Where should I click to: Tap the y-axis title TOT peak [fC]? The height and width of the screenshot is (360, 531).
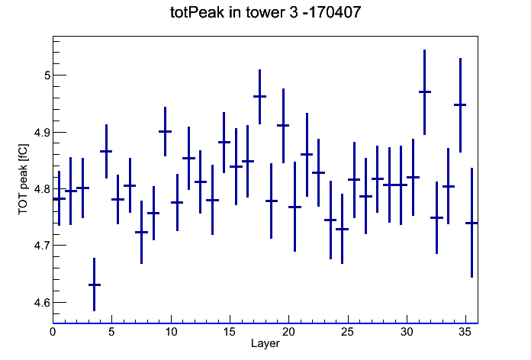[x=24, y=179]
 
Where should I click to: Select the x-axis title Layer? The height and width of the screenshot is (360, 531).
[x=265, y=343]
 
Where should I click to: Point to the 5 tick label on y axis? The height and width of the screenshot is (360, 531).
[x=47, y=76]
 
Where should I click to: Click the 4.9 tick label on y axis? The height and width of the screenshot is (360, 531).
[x=42, y=133]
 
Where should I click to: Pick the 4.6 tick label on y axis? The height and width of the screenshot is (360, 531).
[x=42, y=303]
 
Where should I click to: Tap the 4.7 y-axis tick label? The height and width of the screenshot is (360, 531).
[x=42, y=246]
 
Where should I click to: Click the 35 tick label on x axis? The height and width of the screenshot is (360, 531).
[x=465, y=332]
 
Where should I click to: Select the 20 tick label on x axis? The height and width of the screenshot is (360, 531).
[x=288, y=332]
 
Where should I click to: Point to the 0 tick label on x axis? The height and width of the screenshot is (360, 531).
[x=53, y=332]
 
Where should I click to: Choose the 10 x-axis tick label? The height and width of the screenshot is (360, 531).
[x=171, y=332]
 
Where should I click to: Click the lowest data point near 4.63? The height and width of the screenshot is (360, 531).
[x=95, y=284]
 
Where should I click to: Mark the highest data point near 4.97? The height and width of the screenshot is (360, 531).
[x=425, y=92]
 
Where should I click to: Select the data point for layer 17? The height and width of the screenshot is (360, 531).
[x=259, y=97]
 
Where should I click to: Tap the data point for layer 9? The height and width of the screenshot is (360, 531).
[x=166, y=131]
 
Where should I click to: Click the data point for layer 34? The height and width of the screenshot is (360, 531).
[x=460, y=105]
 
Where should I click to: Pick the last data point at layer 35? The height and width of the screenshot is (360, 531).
[x=471, y=223]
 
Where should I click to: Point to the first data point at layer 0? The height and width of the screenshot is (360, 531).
[x=60, y=198]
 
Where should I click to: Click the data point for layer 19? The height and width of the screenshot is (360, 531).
[x=283, y=125]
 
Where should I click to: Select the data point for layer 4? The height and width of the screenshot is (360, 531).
[x=106, y=151]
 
